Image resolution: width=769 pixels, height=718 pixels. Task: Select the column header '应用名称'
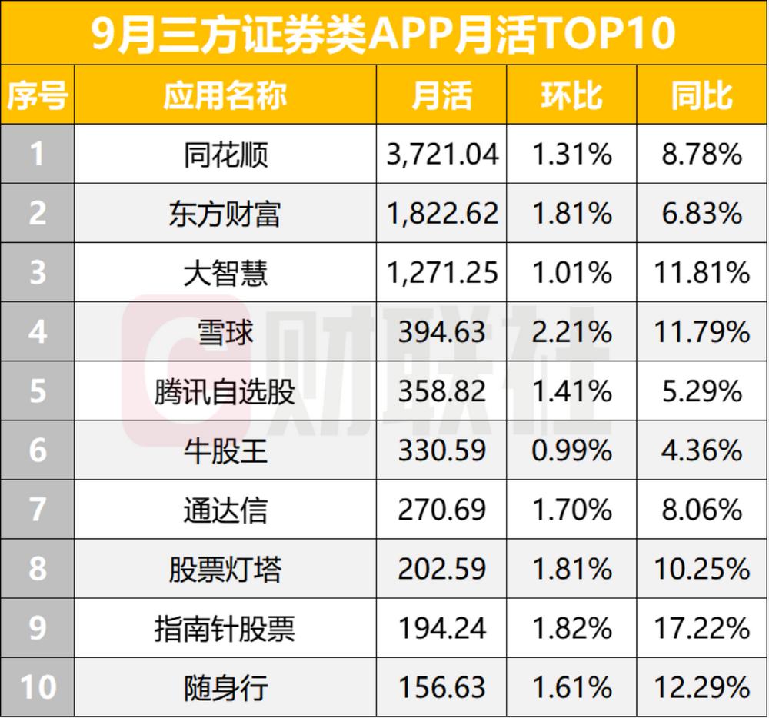225,96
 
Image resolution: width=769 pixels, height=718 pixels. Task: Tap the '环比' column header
571,96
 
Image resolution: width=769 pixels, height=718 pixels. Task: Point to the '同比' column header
701,96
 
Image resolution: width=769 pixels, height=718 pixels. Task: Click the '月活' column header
441,96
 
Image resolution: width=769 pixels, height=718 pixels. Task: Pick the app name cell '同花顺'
225,155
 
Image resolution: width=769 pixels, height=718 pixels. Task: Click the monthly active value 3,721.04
442,155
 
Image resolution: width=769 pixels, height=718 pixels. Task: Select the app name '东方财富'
225,214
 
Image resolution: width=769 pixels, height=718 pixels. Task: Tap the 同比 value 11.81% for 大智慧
701,273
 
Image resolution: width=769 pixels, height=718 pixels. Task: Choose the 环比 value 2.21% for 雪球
571,332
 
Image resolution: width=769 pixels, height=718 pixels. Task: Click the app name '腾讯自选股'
225,391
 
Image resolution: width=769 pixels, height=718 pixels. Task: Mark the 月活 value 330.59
442,450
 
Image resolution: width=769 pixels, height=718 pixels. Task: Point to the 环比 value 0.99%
571,450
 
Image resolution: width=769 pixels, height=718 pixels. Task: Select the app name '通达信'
225,510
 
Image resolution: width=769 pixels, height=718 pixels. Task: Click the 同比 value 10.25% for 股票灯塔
701,569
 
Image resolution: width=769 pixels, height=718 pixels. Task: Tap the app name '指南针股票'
225,628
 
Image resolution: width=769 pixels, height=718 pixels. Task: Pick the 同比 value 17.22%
701,628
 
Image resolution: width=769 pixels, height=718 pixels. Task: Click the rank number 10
37,686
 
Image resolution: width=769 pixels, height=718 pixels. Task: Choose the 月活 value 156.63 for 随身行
442,686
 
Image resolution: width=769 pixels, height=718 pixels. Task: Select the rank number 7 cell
37,510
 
